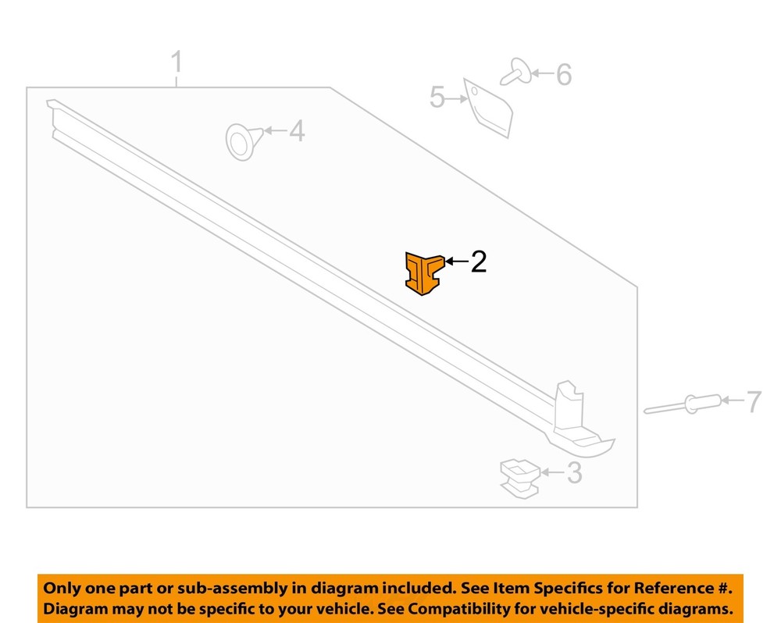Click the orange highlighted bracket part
click(x=423, y=273)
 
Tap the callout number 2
click(x=478, y=262)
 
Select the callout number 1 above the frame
click(x=177, y=62)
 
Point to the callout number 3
click(x=574, y=472)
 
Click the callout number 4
click(x=297, y=131)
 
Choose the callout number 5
click(x=437, y=97)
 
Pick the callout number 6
click(x=564, y=75)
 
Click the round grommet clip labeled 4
click(x=244, y=141)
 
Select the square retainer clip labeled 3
click(x=520, y=479)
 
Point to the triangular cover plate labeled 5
click(x=488, y=108)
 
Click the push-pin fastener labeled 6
click(x=516, y=73)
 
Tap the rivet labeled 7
click(x=683, y=404)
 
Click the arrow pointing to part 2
click(x=456, y=261)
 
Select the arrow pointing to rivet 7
click(x=733, y=400)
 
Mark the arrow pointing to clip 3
click(x=553, y=472)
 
